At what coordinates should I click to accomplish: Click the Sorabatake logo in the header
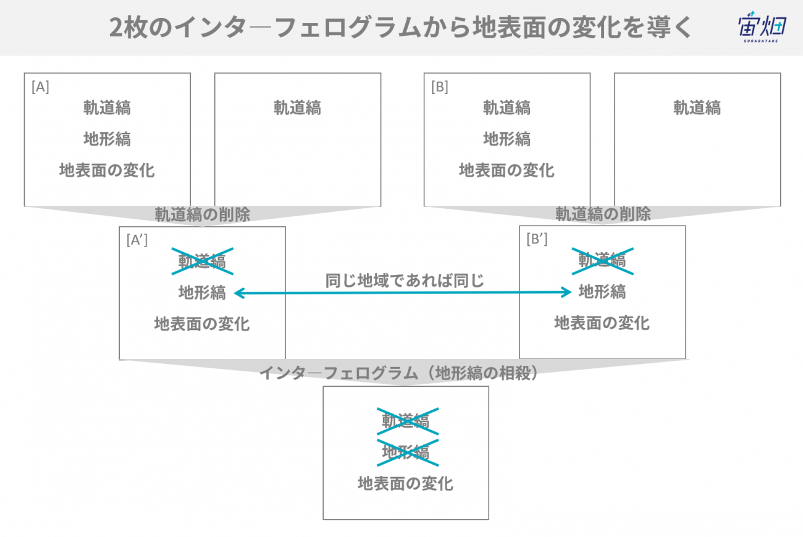pos(762,27)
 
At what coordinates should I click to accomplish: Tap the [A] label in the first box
pos(40,87)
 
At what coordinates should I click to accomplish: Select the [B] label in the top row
pos(440,87)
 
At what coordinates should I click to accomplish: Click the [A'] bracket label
pos(137,240)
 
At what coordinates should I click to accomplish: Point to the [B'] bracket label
pos(537,239)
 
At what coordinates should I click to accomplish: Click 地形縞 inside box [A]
pos(107,139)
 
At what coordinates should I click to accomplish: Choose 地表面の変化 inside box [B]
pos(507,170)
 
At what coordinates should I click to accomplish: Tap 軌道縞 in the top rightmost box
pos(697,108)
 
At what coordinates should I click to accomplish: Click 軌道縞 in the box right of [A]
pos(298,108)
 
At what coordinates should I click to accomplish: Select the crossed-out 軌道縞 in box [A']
pos(203,261)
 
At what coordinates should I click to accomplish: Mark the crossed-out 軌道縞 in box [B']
pos(603,261)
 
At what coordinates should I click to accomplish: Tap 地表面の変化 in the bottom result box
pos(405,483)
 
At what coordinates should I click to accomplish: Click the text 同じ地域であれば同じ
pos(405,281)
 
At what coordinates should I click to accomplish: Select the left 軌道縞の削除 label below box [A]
pos(203,214)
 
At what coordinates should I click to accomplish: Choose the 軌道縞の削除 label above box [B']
pos(603,214)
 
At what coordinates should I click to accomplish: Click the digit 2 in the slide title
pos(117,28)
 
